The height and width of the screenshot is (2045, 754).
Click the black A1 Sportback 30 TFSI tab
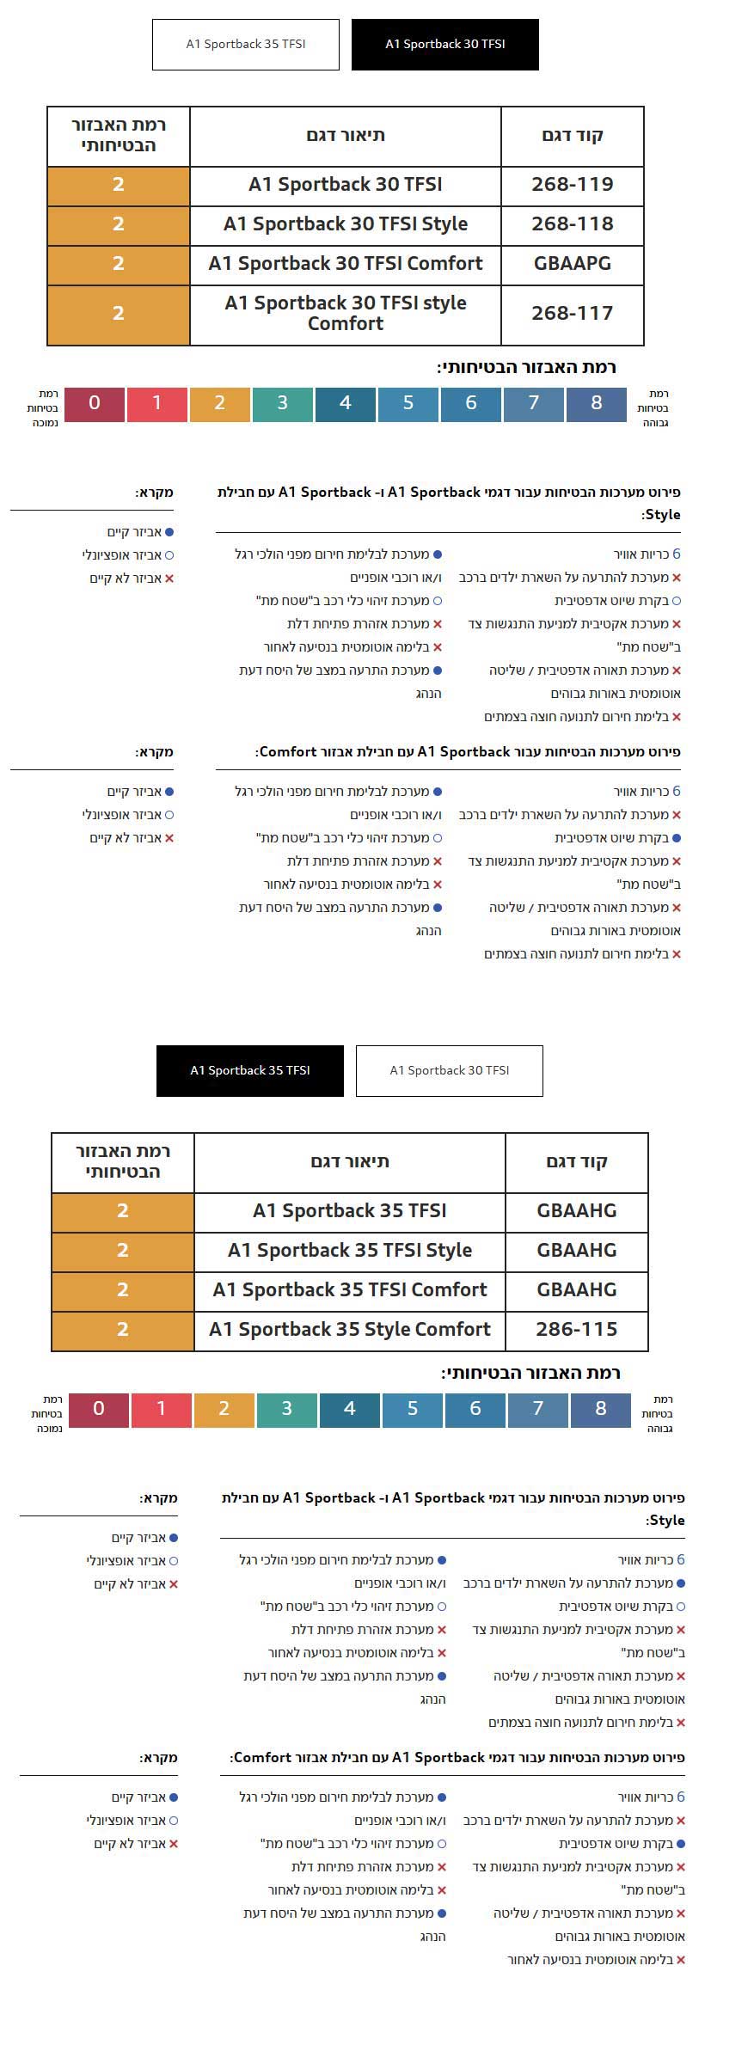[444, 44]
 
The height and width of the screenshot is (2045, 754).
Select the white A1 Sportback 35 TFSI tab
[246, 44]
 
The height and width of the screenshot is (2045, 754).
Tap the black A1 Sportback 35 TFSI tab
[249, 1070]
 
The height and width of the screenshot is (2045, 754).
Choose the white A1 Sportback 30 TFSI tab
[449, 1070]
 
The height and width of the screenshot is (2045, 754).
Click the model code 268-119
[572, 185]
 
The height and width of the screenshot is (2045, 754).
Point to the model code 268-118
[572, 224]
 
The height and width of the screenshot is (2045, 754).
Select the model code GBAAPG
[572, 264]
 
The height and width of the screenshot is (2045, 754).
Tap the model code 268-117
[572, 314]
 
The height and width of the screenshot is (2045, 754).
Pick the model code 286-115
[576, 1330]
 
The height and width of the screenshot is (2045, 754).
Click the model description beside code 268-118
[346, 224]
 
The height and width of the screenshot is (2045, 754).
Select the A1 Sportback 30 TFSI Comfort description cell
[346, 264]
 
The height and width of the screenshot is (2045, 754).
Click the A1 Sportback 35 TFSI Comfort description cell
[350, 1290]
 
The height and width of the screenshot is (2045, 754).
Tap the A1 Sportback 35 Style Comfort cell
[350, 1330]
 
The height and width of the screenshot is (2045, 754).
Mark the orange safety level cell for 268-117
[119, 314]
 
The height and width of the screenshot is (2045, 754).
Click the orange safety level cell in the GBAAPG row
[119, 264]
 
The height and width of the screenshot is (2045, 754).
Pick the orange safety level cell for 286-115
[123, 1330]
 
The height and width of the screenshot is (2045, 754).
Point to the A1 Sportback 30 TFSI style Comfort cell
[346, 314]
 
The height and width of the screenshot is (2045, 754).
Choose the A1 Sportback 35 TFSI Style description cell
[350, 1251]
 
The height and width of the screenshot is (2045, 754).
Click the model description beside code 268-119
[346, 185]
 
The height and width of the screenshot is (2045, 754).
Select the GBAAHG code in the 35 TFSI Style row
[576, 1251]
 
